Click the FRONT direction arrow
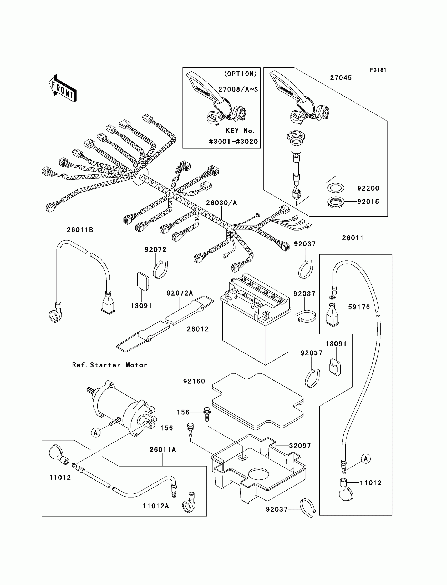(63, 88)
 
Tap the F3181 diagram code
(378, 70)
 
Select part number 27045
(341, 78)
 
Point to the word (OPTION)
(241, 74)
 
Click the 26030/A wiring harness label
(221, 203)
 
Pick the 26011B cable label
(80, 230)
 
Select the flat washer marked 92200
(335, 188)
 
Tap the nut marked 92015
(336, 202)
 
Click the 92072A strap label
(180, 293)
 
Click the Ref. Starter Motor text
(110, 365)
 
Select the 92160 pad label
(194, 381)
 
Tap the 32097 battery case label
(300, 446)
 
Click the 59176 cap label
(359, 307)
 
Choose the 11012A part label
(156, 506)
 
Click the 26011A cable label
(162, 449)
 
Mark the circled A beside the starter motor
(95, 433)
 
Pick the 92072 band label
(155, 249)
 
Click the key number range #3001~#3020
(233, 141)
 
